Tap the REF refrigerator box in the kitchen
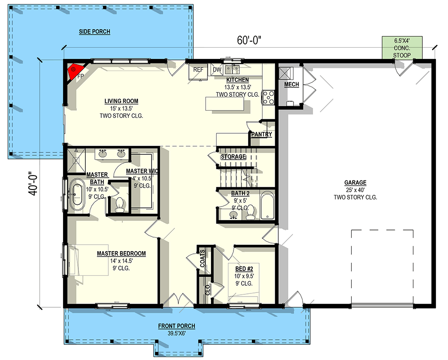pos(198,72)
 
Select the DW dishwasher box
pos(216,70)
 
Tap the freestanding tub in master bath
pos(78,196)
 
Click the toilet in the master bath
pos(120,205)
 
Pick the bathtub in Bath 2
pos(267,206)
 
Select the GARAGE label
pos(355,183)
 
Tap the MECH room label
pos(291,85)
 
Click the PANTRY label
pos(261,134)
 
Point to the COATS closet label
pos(202,258)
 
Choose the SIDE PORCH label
pos(94,31)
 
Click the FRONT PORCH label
pos(176,326)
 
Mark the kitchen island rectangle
pos(225,103)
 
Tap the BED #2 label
pos(243,268)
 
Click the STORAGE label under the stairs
pos(233,157)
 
